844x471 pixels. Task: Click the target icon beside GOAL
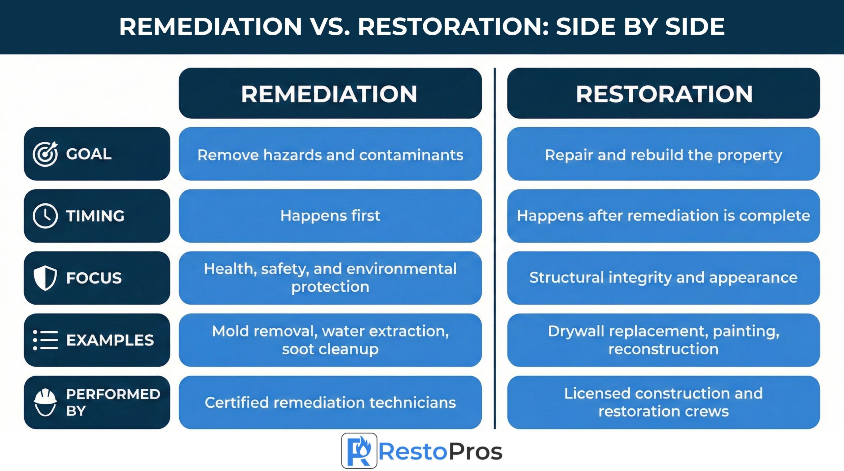[45, 154]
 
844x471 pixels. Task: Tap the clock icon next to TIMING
[45, 216]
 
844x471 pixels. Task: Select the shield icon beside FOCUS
[45, 278]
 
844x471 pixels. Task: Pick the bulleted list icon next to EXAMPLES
[45, 340]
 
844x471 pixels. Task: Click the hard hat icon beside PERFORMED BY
[45, 402]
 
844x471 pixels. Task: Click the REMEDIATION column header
[330, 94]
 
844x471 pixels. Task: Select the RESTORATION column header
[663, 94]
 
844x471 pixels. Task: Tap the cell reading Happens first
[330, 216]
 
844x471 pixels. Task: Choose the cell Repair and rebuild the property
[663, 154]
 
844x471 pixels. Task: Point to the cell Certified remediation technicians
[330, 402]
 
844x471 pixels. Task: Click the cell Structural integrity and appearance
[663, 278]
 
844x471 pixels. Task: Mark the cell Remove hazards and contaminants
[330, 154]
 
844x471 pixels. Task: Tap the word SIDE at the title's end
[695, 26]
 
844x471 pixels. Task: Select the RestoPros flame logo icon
[359, 451]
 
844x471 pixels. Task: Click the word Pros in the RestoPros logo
[475, 451]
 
